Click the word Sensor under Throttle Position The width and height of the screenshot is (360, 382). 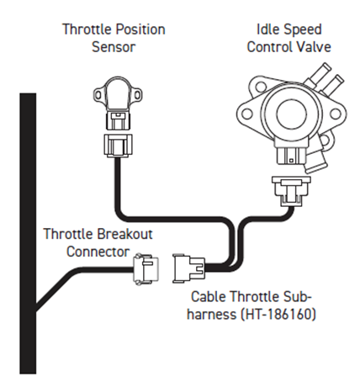pyautogui.click(x=114, y=46)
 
